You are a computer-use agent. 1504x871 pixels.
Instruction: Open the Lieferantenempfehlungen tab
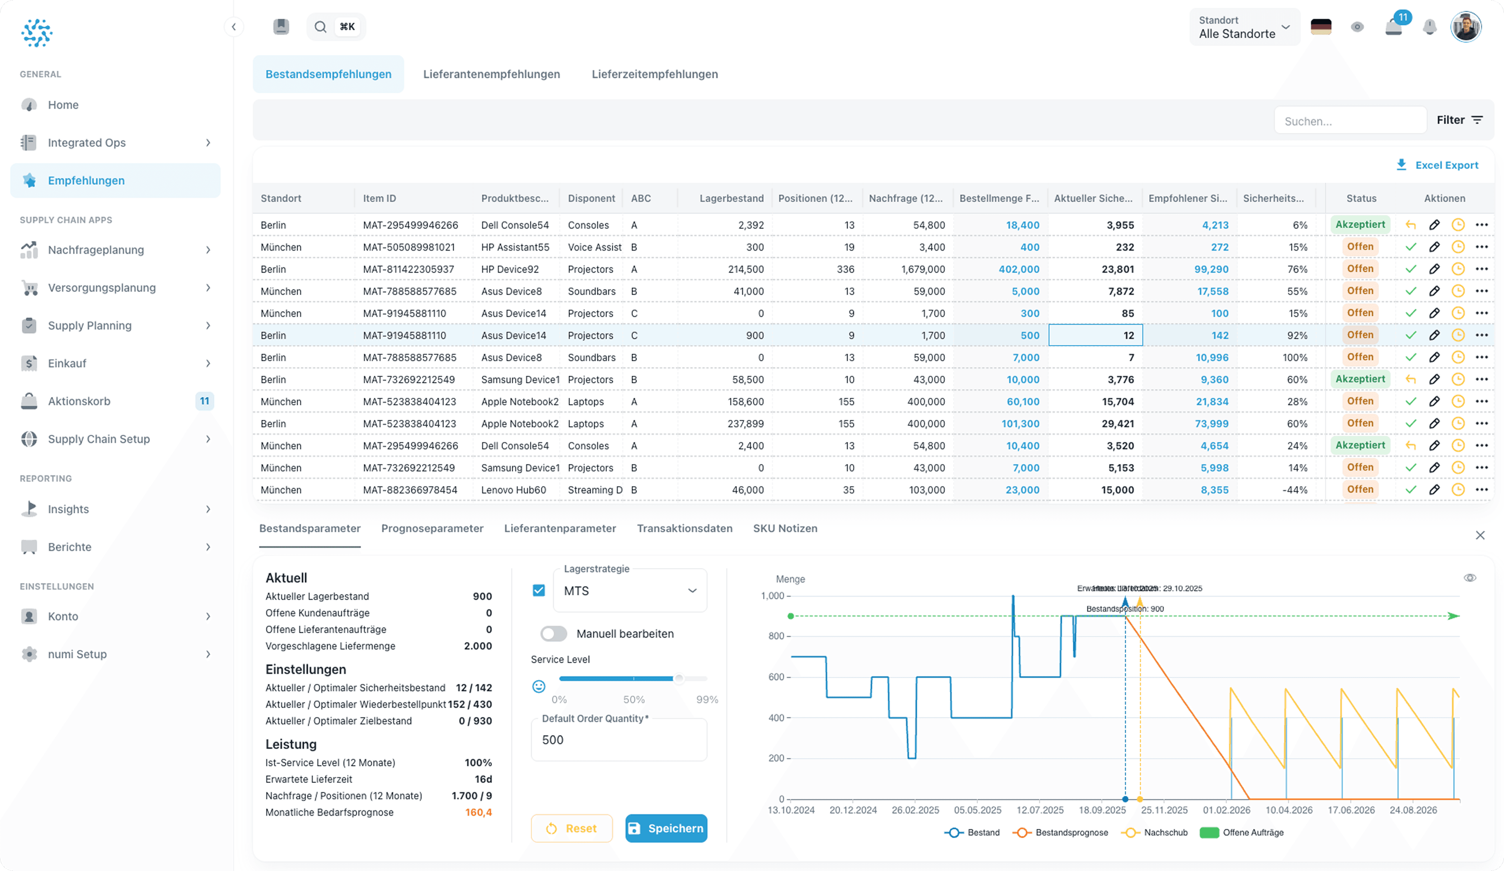point(491,74)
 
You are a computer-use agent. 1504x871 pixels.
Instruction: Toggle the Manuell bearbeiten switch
point(553,634)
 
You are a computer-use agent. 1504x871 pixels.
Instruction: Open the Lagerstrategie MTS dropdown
point(630,590)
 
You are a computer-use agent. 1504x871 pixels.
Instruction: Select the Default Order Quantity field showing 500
point(618,740)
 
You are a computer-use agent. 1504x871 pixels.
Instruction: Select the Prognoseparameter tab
point(432,528)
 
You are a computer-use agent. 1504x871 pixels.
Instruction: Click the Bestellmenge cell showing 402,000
point(1019,269)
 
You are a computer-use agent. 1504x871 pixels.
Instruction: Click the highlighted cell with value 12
point(1095,335)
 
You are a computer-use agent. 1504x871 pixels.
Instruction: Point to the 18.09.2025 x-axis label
point(1102,810)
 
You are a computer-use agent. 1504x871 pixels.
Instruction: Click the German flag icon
point(1321,27)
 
